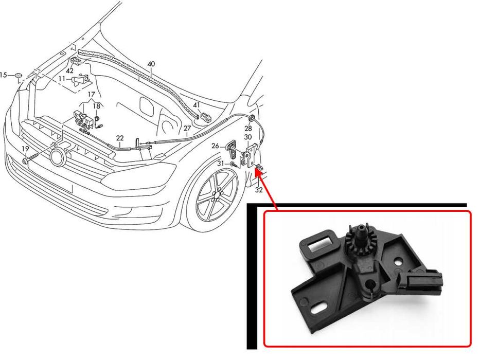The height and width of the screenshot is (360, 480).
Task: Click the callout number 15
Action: pyautogui.click(x=4, y=75)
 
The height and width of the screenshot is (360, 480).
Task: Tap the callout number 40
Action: pyautogui.click(x=151, y=64)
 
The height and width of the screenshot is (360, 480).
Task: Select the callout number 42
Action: pyautogui.click(x=70, y=71)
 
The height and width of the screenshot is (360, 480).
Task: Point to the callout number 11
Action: pyautogui.click(x=62, y=79)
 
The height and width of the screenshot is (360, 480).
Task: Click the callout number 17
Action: pyautogui.click(x=91, y=94)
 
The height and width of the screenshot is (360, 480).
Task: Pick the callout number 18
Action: pyautogui.click(x=96, y=106)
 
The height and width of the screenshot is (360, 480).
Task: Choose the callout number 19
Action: pyautogui.click(x=25, y=149)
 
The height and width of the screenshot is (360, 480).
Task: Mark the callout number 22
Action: pyautogui.click(x=120, y=138)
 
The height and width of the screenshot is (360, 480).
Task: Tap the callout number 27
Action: pyautogui.click(x=187, y=128)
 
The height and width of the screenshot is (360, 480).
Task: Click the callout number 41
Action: pyautogui.click(x=196, y=105)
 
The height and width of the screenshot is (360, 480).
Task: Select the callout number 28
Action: pyautogui.click(x=248, y=128)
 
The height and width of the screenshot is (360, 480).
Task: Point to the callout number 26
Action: pyautogui.click(x=215, y=146)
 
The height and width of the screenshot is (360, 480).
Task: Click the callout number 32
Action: pyautogui.click(x=259, y=190)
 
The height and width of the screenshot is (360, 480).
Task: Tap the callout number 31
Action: pyautogui.click(x=221, y=164)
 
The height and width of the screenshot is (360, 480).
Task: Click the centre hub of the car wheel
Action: pyautogui.click(x=217, y=195)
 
